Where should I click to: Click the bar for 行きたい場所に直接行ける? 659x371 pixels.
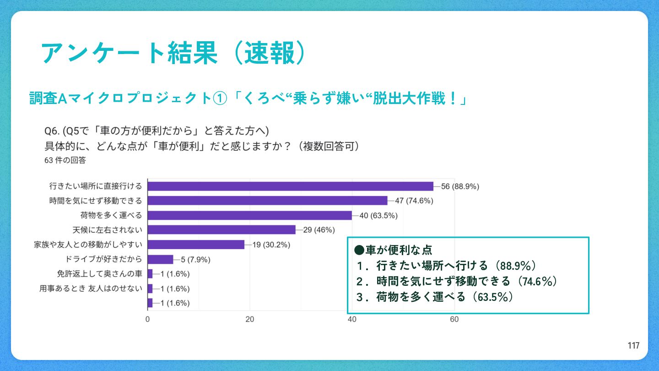(290, 186)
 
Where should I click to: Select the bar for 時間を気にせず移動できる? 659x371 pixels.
(267, 201)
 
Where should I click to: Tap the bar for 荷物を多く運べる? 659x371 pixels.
(249, 215)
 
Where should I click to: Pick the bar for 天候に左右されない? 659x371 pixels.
(221, 230)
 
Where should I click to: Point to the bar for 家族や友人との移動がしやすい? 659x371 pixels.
(196, 245)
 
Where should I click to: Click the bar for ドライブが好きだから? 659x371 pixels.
(160, 260)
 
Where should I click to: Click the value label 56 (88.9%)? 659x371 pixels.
(460, 186)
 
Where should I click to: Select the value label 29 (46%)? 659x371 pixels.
(319, 230)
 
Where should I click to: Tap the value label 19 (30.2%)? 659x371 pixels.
(271, 245)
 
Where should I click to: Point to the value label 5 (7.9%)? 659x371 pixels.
(195, 260)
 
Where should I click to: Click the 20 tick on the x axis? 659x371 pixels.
(250, 319)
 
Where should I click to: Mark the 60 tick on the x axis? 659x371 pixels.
(454, 319)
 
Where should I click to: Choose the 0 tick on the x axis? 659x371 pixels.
(148, 319)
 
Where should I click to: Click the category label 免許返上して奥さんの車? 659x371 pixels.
(99, 274)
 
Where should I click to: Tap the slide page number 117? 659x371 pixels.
(633, 346)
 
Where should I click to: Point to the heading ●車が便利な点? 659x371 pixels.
(394, 250)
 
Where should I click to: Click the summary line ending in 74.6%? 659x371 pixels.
(456, 281)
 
